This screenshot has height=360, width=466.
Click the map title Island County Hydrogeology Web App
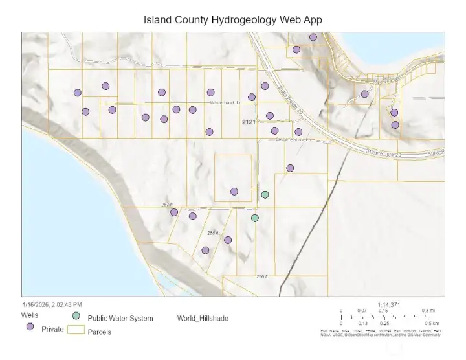point(232,20)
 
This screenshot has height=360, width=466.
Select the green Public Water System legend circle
point(76,315)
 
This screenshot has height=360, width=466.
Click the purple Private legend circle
point(30,328)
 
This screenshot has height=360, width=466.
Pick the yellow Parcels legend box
point(76,331)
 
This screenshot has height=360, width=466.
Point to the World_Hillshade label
point(203,318)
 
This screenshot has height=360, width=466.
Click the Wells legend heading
point(29,315)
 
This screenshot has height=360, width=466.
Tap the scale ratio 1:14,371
point(390,304)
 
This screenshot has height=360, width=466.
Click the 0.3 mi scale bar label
point(428,311)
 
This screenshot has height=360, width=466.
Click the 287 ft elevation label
point(167,205)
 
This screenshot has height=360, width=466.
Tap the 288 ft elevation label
point(213,232)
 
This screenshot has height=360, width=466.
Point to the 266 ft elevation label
point(261,276)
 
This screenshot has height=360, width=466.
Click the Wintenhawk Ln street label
point(225,102)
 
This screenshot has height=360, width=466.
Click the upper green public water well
point(265,194)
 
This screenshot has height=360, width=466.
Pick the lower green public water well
point(255,218)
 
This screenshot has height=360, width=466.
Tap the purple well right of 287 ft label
point(174,212)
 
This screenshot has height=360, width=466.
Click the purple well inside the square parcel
point(234,191)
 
